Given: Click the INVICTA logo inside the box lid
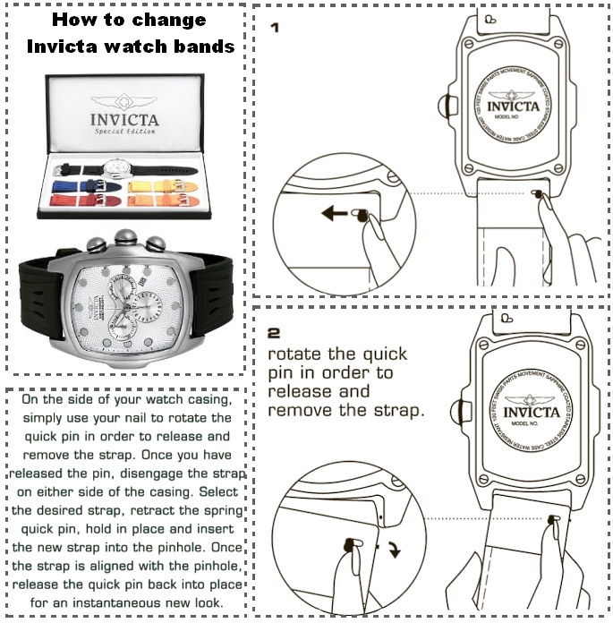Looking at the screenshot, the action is pos(125,116).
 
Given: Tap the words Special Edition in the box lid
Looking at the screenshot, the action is pos(125,132).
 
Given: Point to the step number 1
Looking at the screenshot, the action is pos(274,28).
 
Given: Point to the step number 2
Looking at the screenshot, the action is pos(275,334).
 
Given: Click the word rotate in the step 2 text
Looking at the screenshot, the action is pos(296,354).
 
